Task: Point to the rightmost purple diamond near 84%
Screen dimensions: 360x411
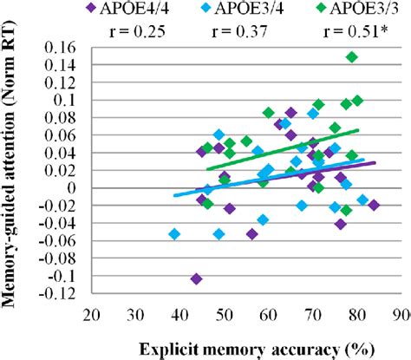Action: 374,205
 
